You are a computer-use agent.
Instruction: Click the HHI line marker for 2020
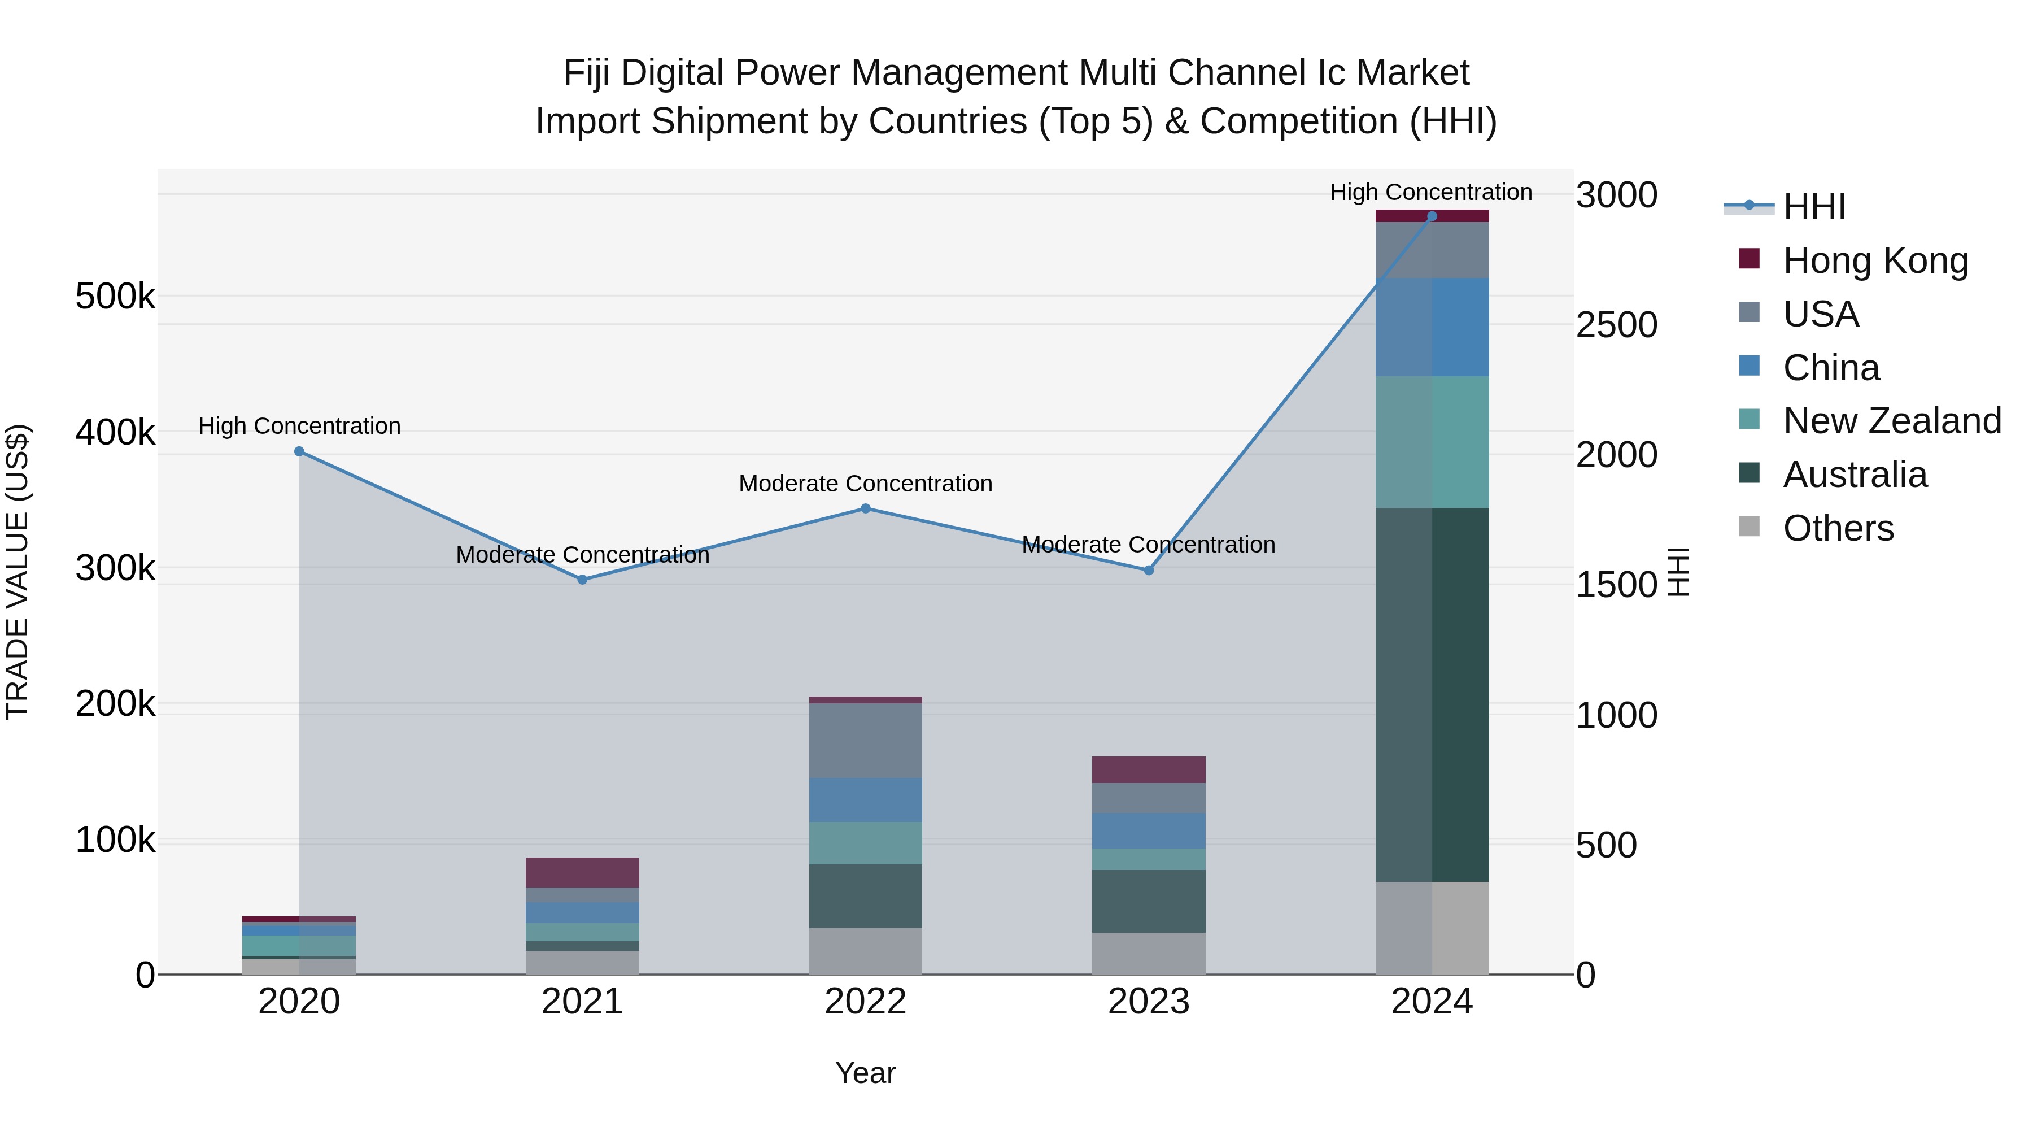(x=299, y=451)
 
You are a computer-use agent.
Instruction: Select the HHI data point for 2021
(x=582, y=580)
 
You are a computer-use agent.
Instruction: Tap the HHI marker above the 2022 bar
(x=866, y=508)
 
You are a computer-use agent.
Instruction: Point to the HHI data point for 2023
(x=1149, y=570)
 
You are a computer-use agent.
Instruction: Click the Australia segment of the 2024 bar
(x=1432, y=695)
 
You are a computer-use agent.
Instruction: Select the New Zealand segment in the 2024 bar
(x=1432, y=442)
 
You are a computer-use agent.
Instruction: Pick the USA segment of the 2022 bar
(x=866, y=741)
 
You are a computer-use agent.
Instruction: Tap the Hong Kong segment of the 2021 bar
(x=582, y=872)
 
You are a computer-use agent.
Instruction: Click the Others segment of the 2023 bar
(x=1149, y=954)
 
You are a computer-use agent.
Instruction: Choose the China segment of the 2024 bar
(x=1432, y=327)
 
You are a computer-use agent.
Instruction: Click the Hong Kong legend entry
(x=1874, y=260)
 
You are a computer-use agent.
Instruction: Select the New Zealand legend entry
(x=1891, y=421)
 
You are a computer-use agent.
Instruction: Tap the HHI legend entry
(x=1813, y=207)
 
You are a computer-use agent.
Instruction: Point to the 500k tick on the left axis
(x=115, y=297)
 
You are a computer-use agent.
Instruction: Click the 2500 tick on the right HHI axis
(x=1616, y=325)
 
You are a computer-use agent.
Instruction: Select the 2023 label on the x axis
(x=1149, y=1002)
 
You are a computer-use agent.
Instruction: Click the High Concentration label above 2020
(x=299, y=427)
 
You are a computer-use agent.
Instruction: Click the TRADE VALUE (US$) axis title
(x=18, y=572)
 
